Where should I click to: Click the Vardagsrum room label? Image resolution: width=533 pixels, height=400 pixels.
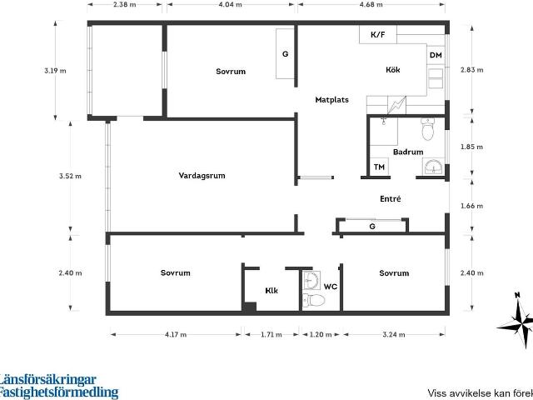pyautogui.click(x=202, y=176)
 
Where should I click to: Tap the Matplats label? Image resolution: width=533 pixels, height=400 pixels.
pyautogui.click(x=331, y=100)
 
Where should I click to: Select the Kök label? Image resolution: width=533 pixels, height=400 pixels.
pyautogui.click(x=393, y=70)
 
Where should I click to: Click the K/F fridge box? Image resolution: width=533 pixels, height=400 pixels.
pyautogui.click(x=378, y=34)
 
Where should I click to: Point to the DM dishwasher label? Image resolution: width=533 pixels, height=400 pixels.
pyautogui.click(x=436, y=55)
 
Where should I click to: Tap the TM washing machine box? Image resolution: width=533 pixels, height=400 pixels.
pyautogui.click(x=379, y=167)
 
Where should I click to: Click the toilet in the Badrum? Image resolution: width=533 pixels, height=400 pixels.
pyautogui.click(x=427, y=129)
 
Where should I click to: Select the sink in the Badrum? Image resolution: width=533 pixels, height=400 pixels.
pyautogui.click(x=433, y=167)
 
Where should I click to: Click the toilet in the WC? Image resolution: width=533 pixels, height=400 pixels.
pyautogui.click(x=314, y=300)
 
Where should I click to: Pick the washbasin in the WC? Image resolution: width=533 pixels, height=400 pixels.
pyautogui.click(x=311, y=280)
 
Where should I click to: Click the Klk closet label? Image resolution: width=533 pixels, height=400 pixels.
pyautogui.click(x=271, y=291)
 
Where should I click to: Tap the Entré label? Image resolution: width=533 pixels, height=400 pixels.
pyautogui.click(x=391, y=198)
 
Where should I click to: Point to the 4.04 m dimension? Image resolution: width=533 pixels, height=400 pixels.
pyautogui.click(x=231, y=4)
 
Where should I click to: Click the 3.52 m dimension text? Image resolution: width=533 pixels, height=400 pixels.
pyautogui.click(x=70, y=176)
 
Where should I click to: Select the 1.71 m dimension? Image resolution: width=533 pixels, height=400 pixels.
pyautogui.click(x=271, y=335)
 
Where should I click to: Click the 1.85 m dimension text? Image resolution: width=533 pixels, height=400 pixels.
pyautogui.click(x=471, y=147)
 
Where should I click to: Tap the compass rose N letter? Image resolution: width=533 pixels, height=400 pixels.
pyautogui.click(x=517, y=295)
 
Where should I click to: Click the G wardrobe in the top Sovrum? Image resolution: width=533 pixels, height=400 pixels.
pyautogui.click(x=285, y=53)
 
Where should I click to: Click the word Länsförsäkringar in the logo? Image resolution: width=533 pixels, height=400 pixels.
pyautogui.click(x=47, y=380)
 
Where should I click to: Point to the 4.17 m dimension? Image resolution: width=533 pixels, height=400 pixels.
pyautogui.click(x=176, y=335)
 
